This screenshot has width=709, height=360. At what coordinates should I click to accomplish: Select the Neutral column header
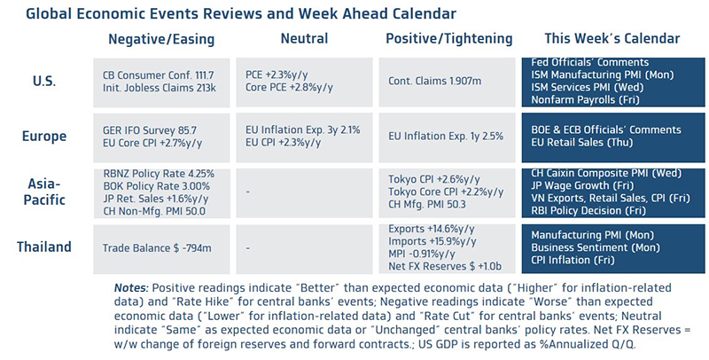(x=303, y=40)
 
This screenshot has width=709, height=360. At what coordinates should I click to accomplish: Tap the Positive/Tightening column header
(x=449, y=40)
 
